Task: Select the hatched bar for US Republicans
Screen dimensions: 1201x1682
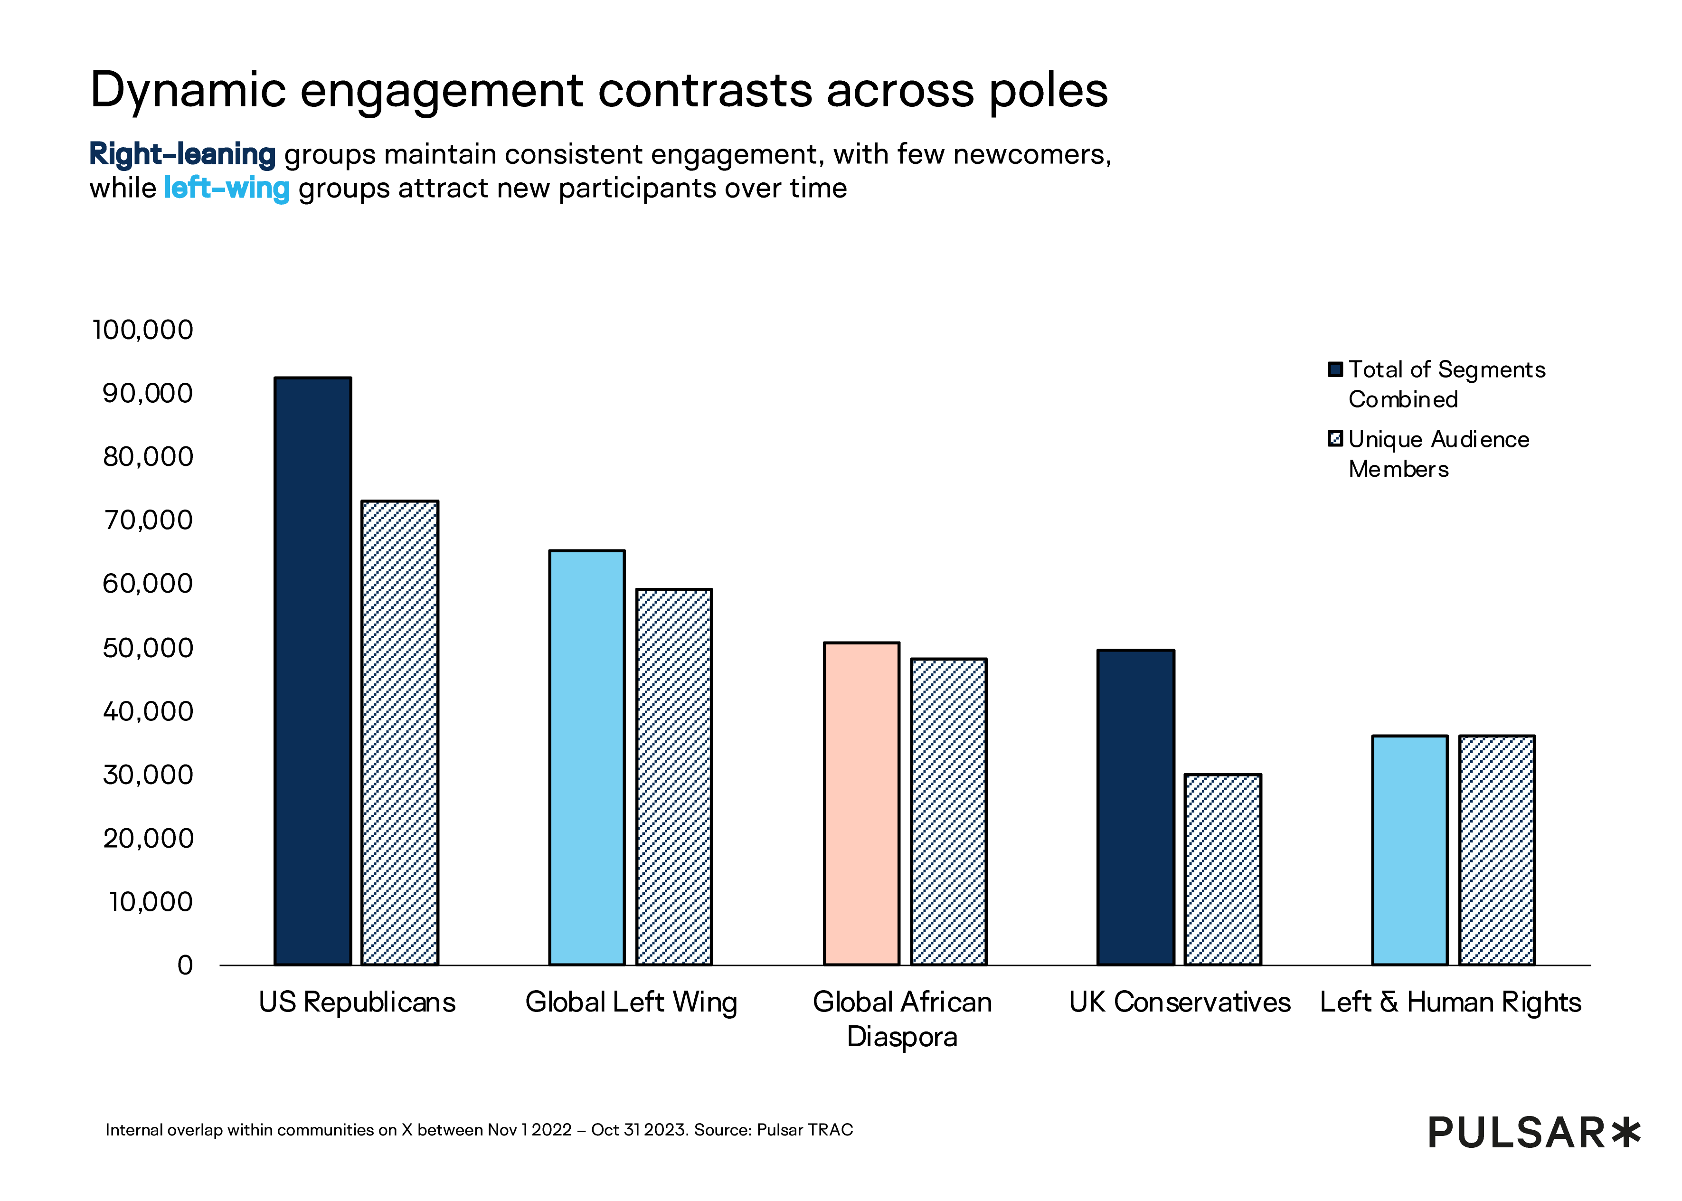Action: point(400,732)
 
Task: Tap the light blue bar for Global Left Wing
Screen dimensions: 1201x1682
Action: point(587,757)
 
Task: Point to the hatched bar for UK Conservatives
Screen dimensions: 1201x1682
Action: point(1223,869)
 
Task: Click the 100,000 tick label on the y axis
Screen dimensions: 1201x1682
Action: point(142,330)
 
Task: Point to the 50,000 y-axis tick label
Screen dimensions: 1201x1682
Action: point(148,648)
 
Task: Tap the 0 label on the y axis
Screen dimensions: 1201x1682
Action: point(185,965)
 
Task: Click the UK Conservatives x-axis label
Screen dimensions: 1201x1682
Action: point(1179,1002)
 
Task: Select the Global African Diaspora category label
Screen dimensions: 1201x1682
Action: point(902,1019)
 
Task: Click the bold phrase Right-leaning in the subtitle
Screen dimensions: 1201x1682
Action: point(182,154)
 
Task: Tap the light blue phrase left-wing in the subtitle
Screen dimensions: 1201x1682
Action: point(226,188)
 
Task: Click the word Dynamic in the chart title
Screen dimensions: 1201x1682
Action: point(188,90)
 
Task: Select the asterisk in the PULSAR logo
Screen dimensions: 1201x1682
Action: point(1626,1132)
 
